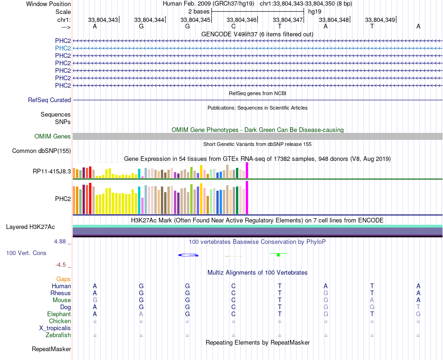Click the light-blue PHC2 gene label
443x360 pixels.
pyautogui.click(x=63, y=48)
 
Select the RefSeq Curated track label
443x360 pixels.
pyautogui.click(x=49, y=100)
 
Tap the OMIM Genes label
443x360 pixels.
pyautogui.click(x=53, y=137)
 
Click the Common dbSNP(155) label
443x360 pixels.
pyautogui.click(x=42, y=151)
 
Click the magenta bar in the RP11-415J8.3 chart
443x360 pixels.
pyautogui.click(x=247, y=170)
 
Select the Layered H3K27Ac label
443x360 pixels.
pyautogui.click(x=30, y=227)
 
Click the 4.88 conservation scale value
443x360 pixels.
pyautogui.click(x=62, y=242)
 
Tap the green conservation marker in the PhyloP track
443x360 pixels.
pyautogui.click(x=278, y=255)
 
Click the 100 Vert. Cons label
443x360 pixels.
pyautogui.click(x=26, y=253)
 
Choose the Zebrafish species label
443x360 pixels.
pyautogui.click(x=58, y=335)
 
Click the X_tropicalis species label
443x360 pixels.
pyautogui.click(x=55, y=328)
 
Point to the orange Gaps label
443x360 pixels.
pyautogui.click(x=63, y=279)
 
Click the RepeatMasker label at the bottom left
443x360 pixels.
pyautogui.click(x=51, y=349)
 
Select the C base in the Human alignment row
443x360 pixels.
pyautogui.click(x=234, y=286)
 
